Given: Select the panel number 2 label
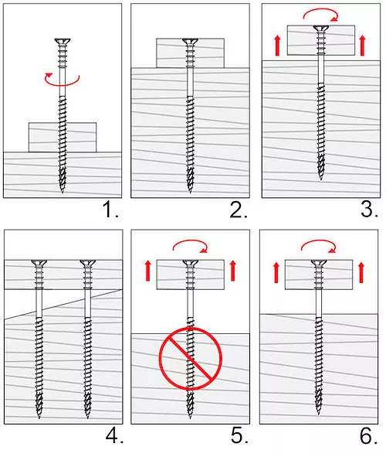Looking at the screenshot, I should (x=237, y=210).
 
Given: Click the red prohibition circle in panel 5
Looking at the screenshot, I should (x=191, y=358).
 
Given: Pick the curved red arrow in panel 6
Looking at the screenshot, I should (x=318, y=247).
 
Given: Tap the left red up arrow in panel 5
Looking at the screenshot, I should (x=146, y=271).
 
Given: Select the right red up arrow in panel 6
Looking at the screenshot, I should (x=361, y=271).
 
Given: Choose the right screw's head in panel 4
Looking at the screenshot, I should (x=88, y=265).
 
